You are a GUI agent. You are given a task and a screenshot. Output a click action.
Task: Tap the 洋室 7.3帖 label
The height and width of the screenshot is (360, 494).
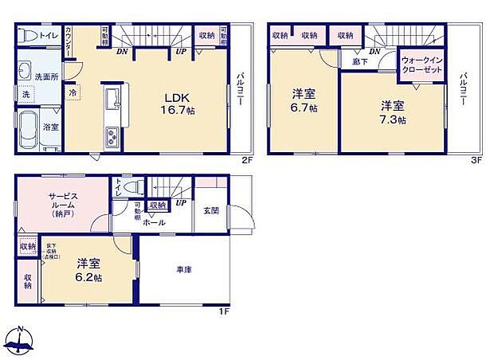[x=391, y=112]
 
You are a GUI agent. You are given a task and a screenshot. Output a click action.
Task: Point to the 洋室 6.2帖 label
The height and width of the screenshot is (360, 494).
[x=88, y=270]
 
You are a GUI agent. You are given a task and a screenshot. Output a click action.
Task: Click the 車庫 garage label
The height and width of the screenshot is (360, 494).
[x=184, y=268]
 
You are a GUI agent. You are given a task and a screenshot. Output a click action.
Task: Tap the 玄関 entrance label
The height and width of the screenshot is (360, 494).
[x=210, y=210]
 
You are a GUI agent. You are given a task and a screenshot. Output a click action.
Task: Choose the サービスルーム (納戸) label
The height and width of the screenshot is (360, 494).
[x=61, y=205]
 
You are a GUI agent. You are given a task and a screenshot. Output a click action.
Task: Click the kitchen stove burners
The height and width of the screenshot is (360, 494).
[x=111, y=135]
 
